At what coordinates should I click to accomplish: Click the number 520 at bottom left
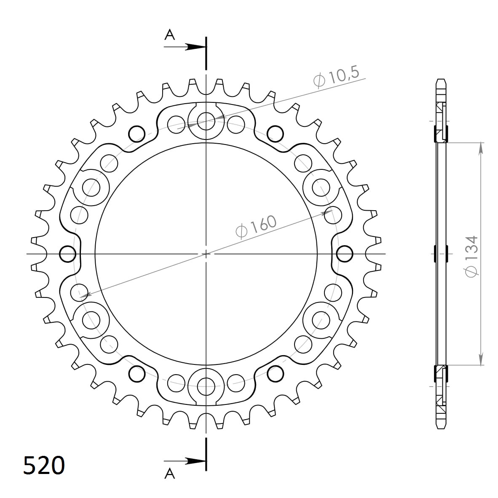click(x=44, y=465)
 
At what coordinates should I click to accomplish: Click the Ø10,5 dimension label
click(x=336, y=77)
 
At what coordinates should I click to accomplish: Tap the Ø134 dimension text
click(x=471, y=256)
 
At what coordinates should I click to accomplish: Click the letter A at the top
click(x=169, y=35)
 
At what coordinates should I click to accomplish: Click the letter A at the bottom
click(x=169, y=474)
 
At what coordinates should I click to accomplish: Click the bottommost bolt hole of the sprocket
click(x=206, y=383)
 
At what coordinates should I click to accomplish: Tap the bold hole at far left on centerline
click(x=67, y=254)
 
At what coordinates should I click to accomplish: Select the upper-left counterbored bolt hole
click(x=91, y=186)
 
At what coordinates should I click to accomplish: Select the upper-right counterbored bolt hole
click(x=320, y=186)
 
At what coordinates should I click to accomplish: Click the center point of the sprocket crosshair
click(x=206, y=254)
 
